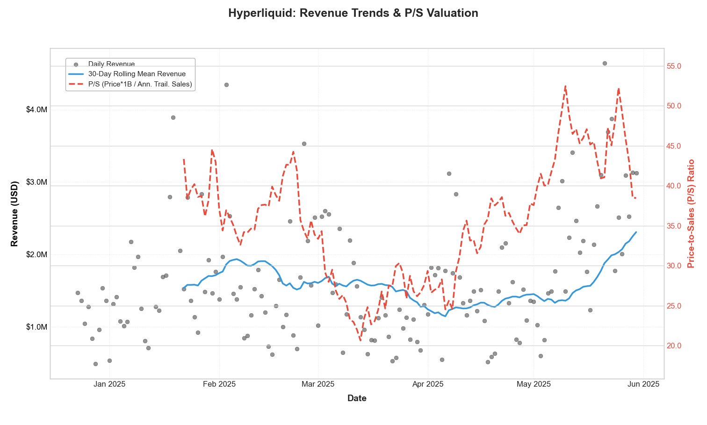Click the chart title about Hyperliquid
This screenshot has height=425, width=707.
click(x=353, y=13)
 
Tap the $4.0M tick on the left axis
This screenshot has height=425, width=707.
click(x=36, y=109)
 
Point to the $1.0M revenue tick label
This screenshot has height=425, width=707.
click(x=36, y=327)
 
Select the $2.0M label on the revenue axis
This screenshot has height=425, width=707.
click(x=36, y=254)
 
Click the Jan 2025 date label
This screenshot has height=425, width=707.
click(x=109, y=384)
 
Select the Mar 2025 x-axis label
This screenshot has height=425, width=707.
click(x=318, y=384)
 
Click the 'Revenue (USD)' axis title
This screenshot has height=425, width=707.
click(x=14, y=213)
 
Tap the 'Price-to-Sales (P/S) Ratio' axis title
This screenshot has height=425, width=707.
click(x=691, y=213)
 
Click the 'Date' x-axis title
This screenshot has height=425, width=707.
click(x=357, y=398)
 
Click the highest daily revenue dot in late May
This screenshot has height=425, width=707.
click(x=605, y=63)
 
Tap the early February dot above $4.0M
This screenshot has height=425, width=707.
click(x=226, y=85)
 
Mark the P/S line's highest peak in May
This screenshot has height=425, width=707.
click(x=565, y=86)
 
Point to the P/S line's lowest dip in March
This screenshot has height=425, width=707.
click(x=360, y=340)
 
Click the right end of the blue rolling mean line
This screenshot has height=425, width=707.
click(x=636, y=232)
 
